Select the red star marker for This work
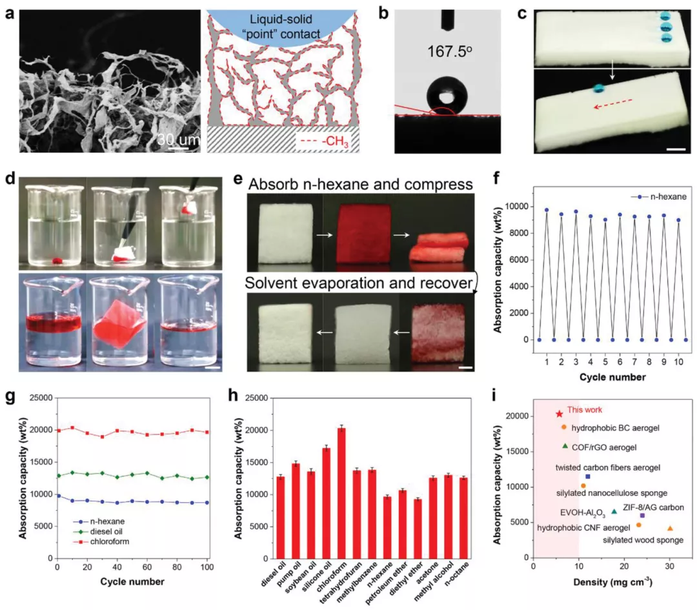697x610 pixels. pyautogui.click(x=559, y=414)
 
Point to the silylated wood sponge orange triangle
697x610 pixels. pyautogui.click(x=670, y=528)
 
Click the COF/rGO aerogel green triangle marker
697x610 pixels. pyautogui.click(x=565, y=445)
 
